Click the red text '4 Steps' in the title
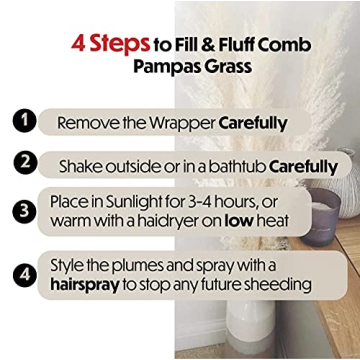click(108, 45)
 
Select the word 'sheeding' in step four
click(280, 284)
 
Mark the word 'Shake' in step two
click(82, 165)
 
